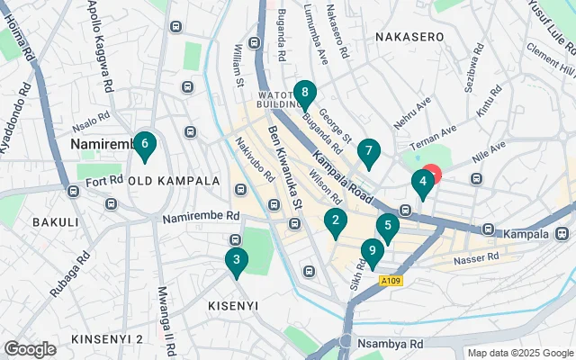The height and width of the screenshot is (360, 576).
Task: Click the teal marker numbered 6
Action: click(x=145, y=144)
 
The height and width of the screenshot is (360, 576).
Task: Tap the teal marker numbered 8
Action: click(x=306, y=92)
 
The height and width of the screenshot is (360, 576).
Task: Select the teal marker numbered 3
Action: click(x=236, y=261)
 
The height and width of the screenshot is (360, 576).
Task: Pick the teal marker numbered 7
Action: click(x=368, y=152)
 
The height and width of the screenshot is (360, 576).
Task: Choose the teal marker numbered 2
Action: click(x=336, y=220)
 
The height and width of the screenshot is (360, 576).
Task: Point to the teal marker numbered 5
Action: click(x=388, y=227)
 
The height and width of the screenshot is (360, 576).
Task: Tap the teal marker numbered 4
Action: click(x=422, y=183)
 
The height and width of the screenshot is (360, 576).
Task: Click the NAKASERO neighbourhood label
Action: click(x=410, y=37)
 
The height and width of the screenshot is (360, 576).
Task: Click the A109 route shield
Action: click(x=390, y=282)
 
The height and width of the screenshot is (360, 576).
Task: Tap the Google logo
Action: click(x=30, y=349)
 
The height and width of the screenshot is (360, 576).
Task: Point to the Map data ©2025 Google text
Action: click(x=519, y=353)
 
